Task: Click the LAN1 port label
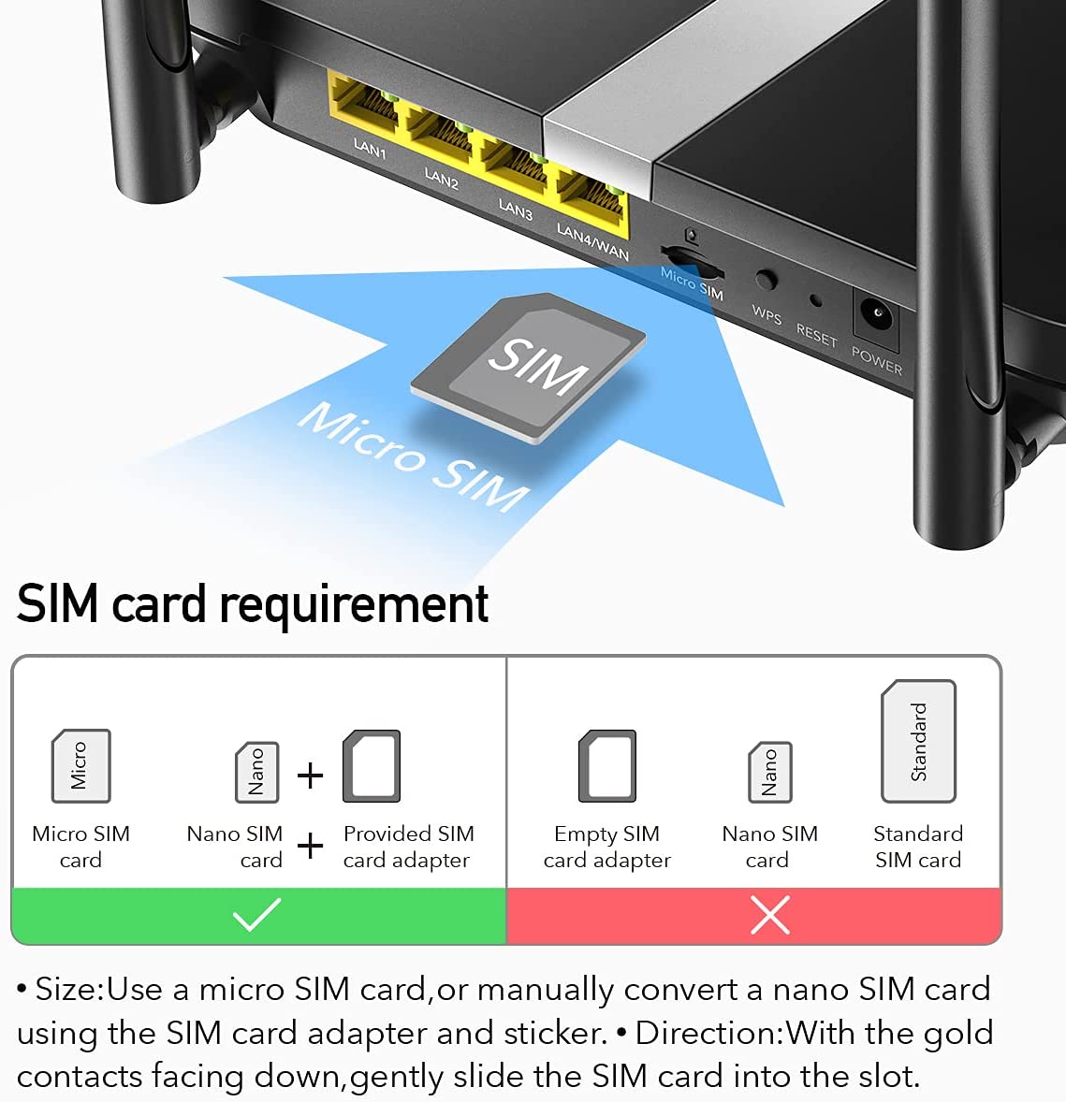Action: click(x=369, y=148)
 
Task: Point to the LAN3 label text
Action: click(x=515, y=209)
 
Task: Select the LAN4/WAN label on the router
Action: click(x=592, y=241)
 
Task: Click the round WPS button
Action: click(x=766, y=280)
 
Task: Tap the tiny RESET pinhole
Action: click(x=815, y=301)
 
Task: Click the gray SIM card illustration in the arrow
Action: click(x=530, y=366)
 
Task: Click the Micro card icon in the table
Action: click(x=80, y=765)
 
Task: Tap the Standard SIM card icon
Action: click(x=918, y=741)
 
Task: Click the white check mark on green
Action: click(x=257, y=915)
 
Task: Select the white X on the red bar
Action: click(x=769, y=915)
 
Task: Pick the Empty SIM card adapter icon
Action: click(x=607, y=766)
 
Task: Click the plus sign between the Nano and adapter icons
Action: click(x=310, y=775)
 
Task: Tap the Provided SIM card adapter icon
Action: click(x=372, y=766)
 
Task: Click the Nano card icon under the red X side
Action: click(x=770, y=772)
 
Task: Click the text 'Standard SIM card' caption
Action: click(x=918, y=847)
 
